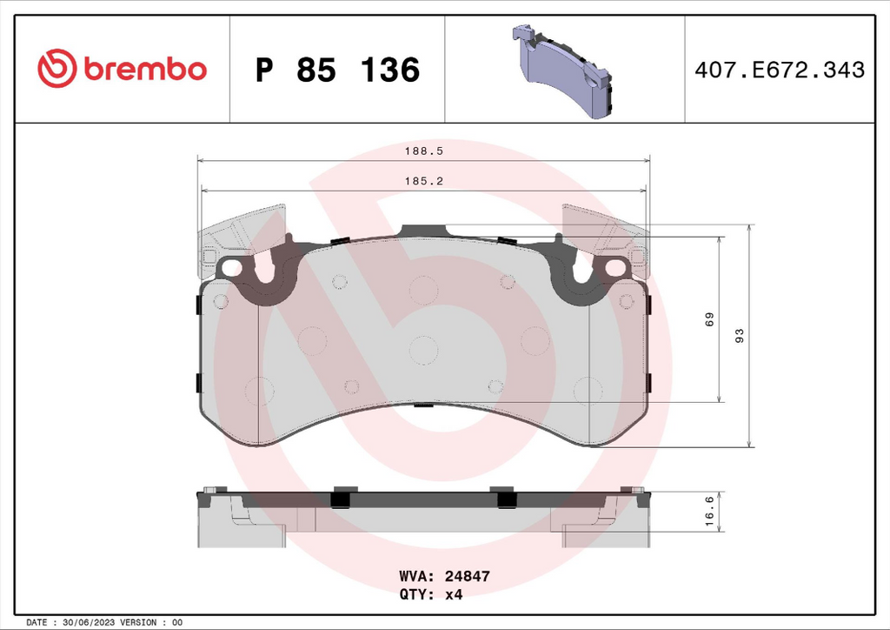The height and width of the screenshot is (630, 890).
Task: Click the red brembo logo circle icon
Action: click(x=56, y=68)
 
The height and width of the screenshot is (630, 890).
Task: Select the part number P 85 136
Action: click(x=338, y=70)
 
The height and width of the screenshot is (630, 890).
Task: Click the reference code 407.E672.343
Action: click(x=780, y=70)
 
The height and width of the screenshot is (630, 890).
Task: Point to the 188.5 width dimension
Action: click(x=423, y=151)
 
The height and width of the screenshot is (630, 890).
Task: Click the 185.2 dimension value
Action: click(x=423, y=181)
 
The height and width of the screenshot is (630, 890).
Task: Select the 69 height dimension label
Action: click(x=709, y=319)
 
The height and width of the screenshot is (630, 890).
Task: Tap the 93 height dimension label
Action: click(x=739, y=336)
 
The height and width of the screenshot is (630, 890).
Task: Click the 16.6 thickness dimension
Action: click(x=709, y=512)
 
